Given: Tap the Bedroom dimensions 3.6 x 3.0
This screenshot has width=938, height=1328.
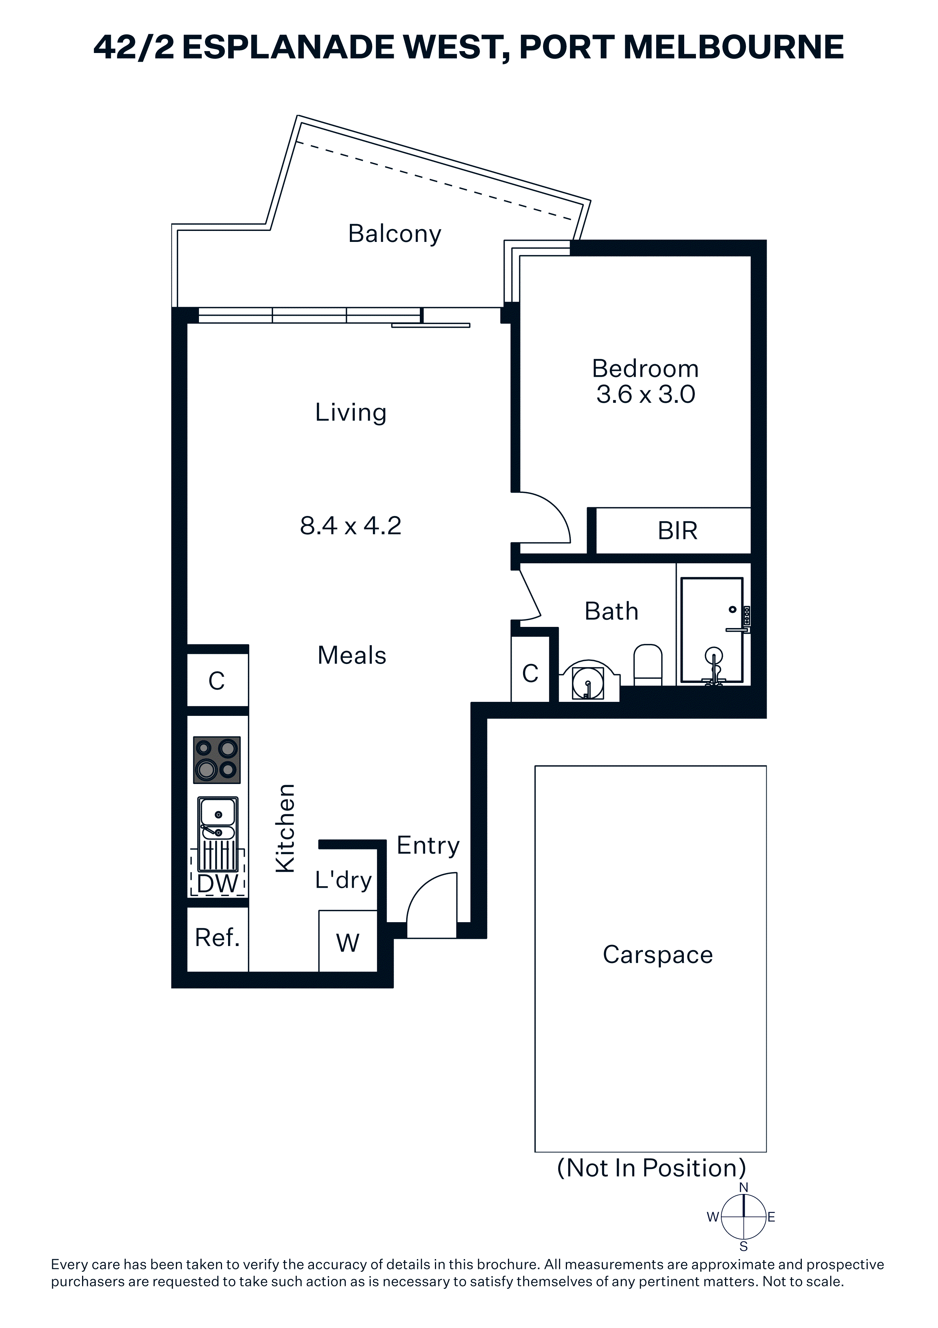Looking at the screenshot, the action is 646,394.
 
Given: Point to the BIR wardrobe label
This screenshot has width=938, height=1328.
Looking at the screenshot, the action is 677,530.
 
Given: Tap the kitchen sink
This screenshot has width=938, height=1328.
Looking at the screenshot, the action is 218,834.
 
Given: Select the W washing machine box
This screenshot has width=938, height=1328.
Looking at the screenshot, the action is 348,941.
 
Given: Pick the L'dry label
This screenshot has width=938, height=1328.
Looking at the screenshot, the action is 343,880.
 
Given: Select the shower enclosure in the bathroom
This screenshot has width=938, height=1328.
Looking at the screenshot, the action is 712,630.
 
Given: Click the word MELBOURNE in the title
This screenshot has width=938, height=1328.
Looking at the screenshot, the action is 734,47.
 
